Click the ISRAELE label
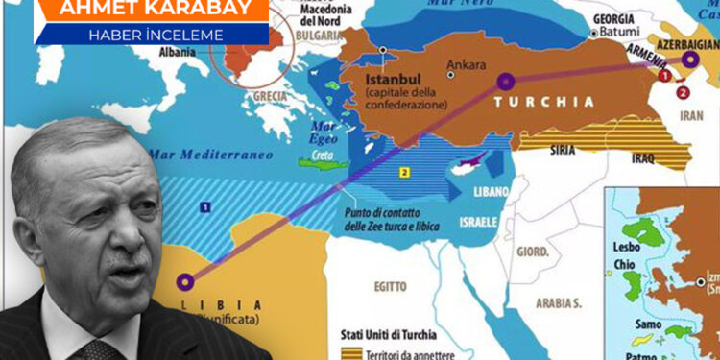click(477, 222)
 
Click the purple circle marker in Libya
click(184, 282)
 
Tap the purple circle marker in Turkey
click(506, 82)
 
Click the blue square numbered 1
click(204, 205)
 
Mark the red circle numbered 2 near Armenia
click(683, 93)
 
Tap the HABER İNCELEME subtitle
click(154, 35)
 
